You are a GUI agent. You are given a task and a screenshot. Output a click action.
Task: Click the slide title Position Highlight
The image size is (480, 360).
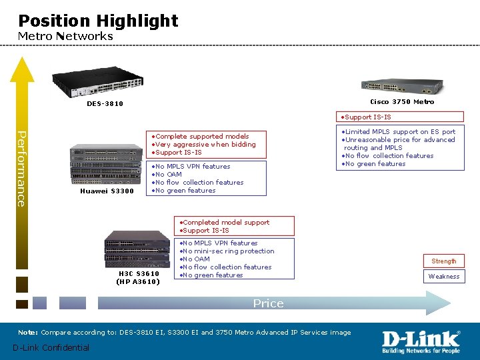tap(98, 21)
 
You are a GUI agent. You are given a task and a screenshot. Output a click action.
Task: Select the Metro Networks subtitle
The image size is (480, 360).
tap(65, 36)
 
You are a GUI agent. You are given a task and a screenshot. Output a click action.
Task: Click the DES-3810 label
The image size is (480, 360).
tap(105, 103)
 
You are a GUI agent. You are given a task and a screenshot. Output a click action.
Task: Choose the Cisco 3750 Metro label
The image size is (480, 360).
tap(402, 101)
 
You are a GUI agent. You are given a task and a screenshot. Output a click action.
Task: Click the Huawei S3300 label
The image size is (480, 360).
tap(107, 191)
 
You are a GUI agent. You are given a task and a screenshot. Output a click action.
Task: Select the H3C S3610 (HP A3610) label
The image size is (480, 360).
tap(139, 277)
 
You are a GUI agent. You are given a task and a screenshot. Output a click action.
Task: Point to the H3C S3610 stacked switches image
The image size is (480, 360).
tap(137, 248)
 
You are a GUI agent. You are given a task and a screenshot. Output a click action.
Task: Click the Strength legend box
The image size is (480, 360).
tap(444, 261)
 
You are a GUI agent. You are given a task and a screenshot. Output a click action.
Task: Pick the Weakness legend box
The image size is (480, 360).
tap(444, 277)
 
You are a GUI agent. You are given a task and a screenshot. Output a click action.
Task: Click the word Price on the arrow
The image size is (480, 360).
tap(268, 303)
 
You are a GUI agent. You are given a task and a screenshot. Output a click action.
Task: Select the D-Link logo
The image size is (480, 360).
tap(420, 342)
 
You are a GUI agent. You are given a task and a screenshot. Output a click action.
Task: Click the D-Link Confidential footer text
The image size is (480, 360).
tap(51, 347)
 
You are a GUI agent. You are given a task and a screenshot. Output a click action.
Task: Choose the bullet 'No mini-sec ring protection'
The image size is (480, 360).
tap(228, 251)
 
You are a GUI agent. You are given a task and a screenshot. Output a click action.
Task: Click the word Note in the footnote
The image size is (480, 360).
tap(27, 332)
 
